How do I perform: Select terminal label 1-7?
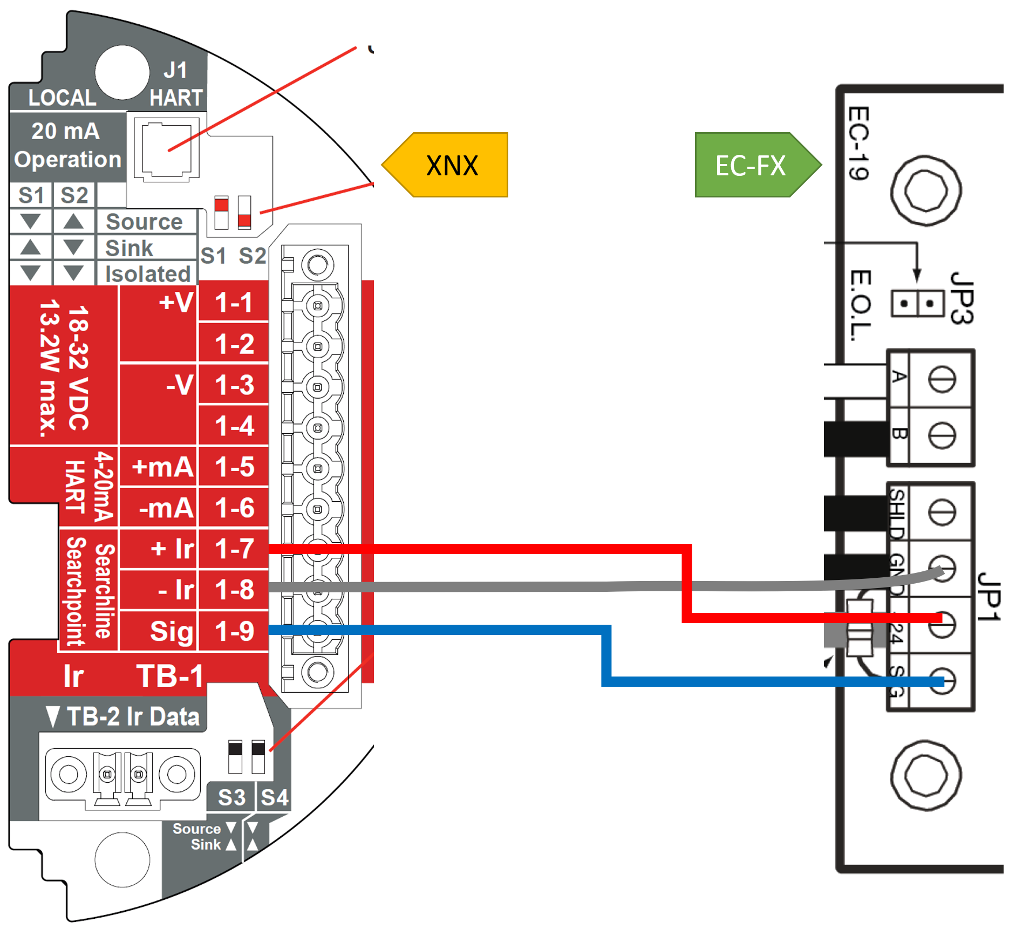[x=234, y=549]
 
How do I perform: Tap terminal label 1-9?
[x=234, y=631]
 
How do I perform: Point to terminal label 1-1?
[x=234, y=303]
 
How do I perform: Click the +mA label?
[x=162, y=467]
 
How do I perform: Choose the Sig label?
[x=171, y=631]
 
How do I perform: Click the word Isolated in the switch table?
[x=148, y=274]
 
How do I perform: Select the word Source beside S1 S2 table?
[x=144, y=222]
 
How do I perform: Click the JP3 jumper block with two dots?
[x=917, y=303]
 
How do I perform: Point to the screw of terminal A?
[x=942, y=379]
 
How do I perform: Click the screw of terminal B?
[x=942, y=435]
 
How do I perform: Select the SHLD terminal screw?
[x=942, y=512]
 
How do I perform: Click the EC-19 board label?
[x=858, y=143]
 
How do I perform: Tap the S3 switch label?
[x=231, y=797]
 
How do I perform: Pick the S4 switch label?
[x=275, y=797]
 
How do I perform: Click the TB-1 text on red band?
[x=169, y=676]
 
